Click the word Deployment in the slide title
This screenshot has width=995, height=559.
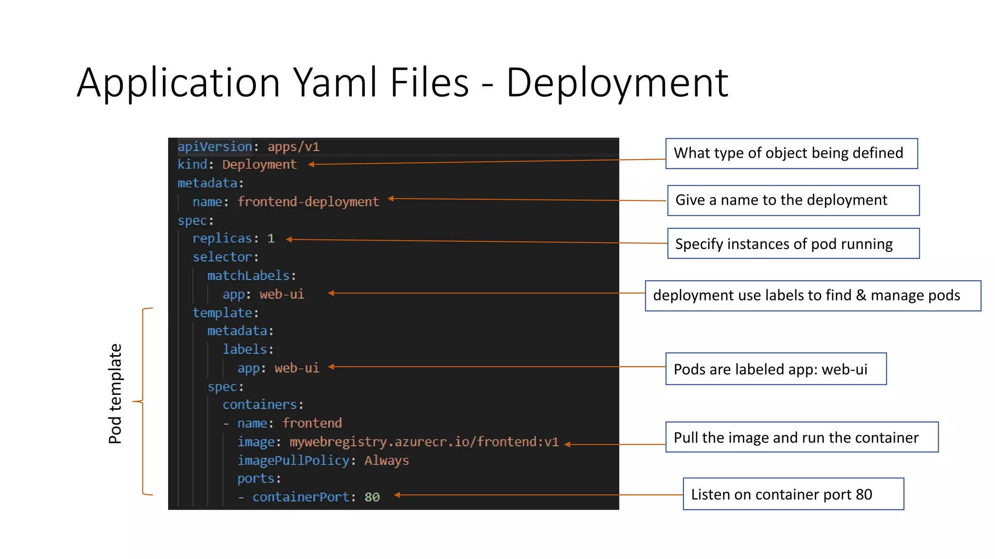point(617,82)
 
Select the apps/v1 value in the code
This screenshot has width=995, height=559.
point(293,147)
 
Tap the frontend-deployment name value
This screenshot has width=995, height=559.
point(308,201)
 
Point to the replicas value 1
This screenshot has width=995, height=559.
point(271,238)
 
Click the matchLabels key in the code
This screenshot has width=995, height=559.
point(248,276)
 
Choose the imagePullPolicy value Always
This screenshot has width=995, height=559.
point(387,460)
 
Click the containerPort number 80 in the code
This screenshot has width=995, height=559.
point(372,497)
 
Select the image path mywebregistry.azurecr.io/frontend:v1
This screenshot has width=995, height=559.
point(424,442)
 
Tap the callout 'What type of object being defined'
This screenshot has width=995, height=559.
point(791,153)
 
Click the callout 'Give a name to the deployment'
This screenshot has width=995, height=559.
point(793,200)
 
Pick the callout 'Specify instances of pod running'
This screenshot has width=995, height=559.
point(793,244)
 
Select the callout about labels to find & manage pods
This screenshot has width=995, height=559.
point(812,296)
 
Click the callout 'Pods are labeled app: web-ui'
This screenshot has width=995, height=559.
point(775,369)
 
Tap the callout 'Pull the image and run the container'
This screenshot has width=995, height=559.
point(801,437)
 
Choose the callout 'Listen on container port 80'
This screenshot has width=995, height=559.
point(793,494)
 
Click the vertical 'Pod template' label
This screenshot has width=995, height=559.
point(115,394)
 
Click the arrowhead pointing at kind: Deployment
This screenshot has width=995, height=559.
point(311,164)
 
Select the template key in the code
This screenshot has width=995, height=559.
point(222,312)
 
